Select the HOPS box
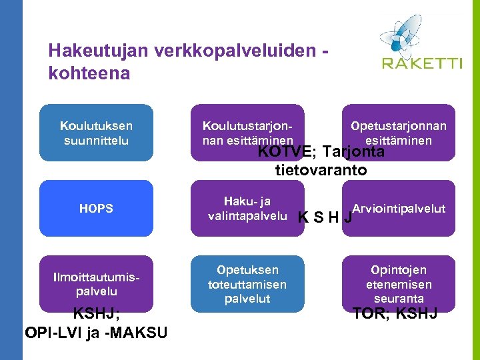(96, 208)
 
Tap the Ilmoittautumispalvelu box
(96, 284)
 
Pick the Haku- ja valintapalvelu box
(247, 208)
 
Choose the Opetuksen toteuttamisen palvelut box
(247, 284)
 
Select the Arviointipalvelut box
(399, 208)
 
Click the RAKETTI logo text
(422, 63)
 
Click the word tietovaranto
(321, 170)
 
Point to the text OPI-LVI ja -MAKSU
(96, 332)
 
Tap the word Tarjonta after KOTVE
(357, 152)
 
